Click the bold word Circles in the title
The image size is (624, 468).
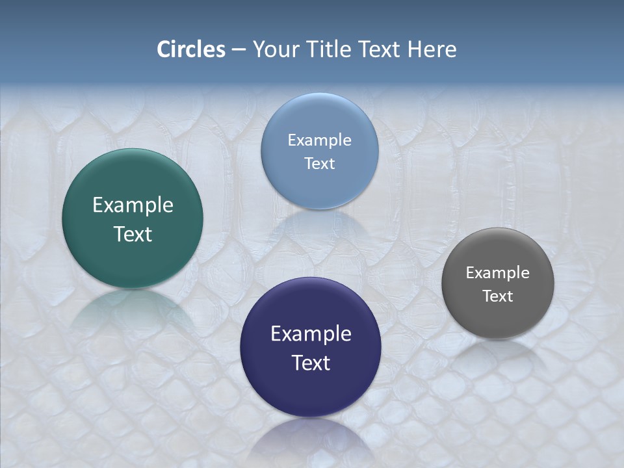tap(191, 49)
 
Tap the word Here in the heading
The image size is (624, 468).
tap(432, 49)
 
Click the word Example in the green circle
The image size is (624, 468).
tap(133, 205)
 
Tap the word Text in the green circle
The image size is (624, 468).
tap(133, 235)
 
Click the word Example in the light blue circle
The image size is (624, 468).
tap(319, 140)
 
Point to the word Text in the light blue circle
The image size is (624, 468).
tap(319, 164)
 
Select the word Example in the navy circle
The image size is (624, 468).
tap(311, 334)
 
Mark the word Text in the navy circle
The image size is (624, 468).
tap(311, 363)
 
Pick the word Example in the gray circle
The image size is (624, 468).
tap(498, 273)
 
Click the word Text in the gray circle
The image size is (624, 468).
tap(498, 296)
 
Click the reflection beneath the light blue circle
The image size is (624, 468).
tap(319, 227)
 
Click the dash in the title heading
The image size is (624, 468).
tap(239, 50)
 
